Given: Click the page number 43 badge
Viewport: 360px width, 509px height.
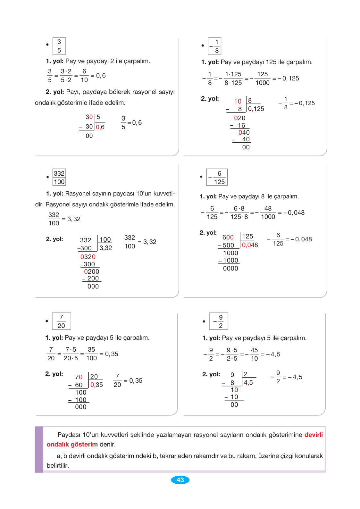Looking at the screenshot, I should pyautogui.click(x=180, y=480).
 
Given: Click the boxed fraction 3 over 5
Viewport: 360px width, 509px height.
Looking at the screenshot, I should pyautogui.click(x=59, y=46).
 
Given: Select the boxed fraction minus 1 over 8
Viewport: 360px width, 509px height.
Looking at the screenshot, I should pyautogui.click(x=214, y=46).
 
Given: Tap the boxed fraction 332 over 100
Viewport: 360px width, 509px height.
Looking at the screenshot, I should pyautogui.click(x=59, y=177).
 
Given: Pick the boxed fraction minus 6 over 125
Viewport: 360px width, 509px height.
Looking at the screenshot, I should pyautogui.click(x=217, y=177).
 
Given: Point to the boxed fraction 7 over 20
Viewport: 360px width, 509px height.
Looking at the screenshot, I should pyautogui.click(x=61, y=321).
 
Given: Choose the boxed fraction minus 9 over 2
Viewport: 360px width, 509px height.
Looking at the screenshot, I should pyautogui.click(x=219, y=321).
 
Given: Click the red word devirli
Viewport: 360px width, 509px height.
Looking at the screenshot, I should pyautogui.click(x=313, y=435).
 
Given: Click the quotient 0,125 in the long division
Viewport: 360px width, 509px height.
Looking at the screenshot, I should pyautogui.click(x=256, y=109).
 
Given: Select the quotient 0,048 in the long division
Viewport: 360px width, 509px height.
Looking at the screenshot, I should pyautogui.click(x=250, y=245).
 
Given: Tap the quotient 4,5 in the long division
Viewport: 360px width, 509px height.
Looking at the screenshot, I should pyautogui.click(x=248, y=382).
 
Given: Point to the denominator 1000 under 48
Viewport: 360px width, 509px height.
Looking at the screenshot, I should pyautogui.click(x=268, y=217).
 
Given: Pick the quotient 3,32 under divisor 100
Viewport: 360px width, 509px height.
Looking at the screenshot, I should pyautogui.click(x=105, y=248).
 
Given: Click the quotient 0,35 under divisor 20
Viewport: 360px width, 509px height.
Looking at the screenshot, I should pyautogui.click(x=96, y=385).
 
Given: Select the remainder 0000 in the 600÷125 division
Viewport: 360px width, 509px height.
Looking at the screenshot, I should pyautogui.click(x=230, y=268).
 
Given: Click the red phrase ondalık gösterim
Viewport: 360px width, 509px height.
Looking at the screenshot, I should pyautogui.click(x=72, y=444).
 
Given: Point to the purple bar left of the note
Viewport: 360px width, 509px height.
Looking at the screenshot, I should pyautogui.click(x=39, y=449).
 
